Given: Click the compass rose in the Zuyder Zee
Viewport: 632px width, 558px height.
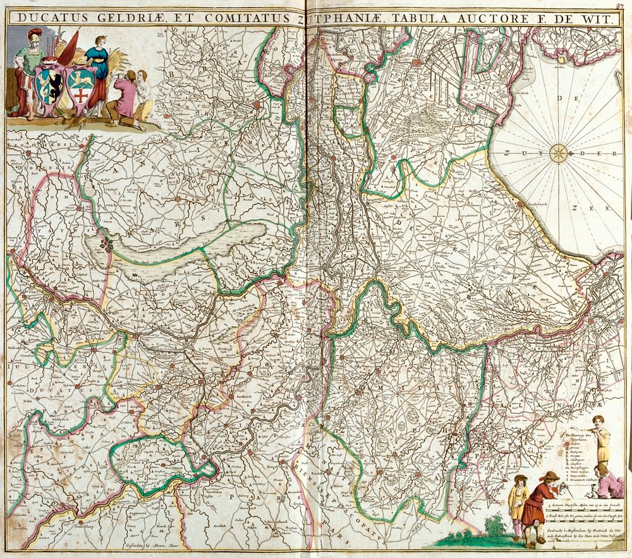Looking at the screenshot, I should (x=559, y=153).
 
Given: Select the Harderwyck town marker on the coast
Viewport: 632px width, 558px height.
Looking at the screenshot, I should (x=520, y=204).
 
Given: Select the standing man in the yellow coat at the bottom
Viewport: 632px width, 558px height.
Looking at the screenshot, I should (x=518, y=502).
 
